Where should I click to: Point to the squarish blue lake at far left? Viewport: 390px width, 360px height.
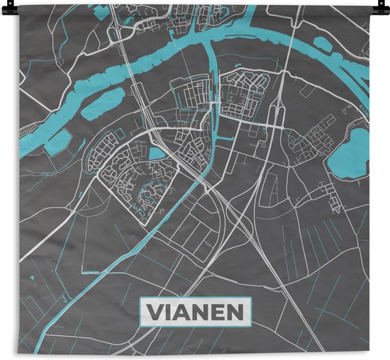pos(57,142)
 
